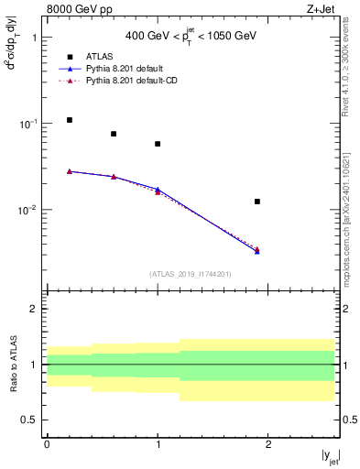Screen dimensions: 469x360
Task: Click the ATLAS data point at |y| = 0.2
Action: (69, 120)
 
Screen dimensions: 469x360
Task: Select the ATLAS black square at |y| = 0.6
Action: (114, 134)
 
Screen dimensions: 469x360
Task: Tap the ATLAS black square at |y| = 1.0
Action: (158, 144)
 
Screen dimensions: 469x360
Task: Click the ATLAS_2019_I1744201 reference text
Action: (190, 274)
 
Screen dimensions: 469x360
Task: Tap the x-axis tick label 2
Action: (268, 443)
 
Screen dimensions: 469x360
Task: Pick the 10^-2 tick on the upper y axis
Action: (27, 210)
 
